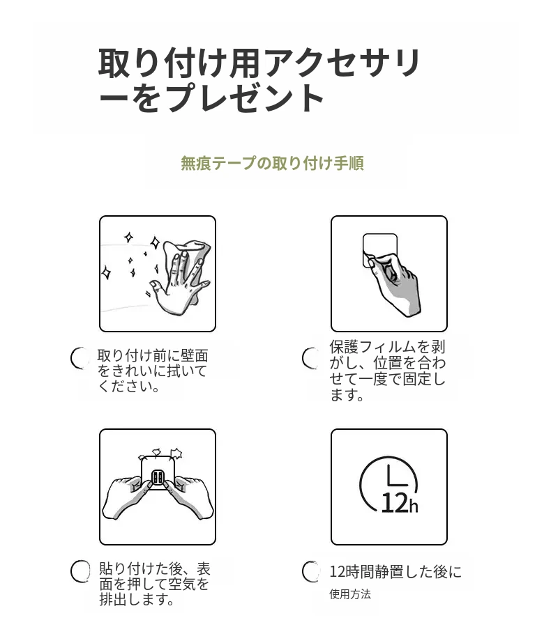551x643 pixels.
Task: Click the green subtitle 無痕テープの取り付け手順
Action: click(x=272, y=163)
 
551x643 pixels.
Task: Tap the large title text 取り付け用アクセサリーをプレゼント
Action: click(x=259, y=81)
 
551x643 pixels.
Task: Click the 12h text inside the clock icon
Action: click(x=400, y=503)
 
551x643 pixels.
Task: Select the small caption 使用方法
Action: click(x=350, y=594)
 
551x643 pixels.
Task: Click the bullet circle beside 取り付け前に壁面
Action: click(x=80, y=358)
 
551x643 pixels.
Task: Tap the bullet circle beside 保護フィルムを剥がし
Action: click(x=311, y=358)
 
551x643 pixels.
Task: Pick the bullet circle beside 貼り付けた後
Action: click(x=80, y=571)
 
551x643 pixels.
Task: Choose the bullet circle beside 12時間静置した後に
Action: click(x=311, y=571)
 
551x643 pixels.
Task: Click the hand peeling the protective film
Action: click(x=395, y=284)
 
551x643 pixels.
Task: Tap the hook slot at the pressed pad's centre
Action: click(x=158, y=477)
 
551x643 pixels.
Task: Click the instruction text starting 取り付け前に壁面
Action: click(x=153, y=371)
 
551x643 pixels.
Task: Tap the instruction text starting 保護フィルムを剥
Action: click(x=387, y=371)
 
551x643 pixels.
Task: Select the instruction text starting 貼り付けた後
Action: click(x=154, y=584)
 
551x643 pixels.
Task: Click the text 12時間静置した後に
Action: click(x=395, y=571)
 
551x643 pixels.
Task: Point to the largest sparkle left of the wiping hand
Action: click(x=155, y=242)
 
